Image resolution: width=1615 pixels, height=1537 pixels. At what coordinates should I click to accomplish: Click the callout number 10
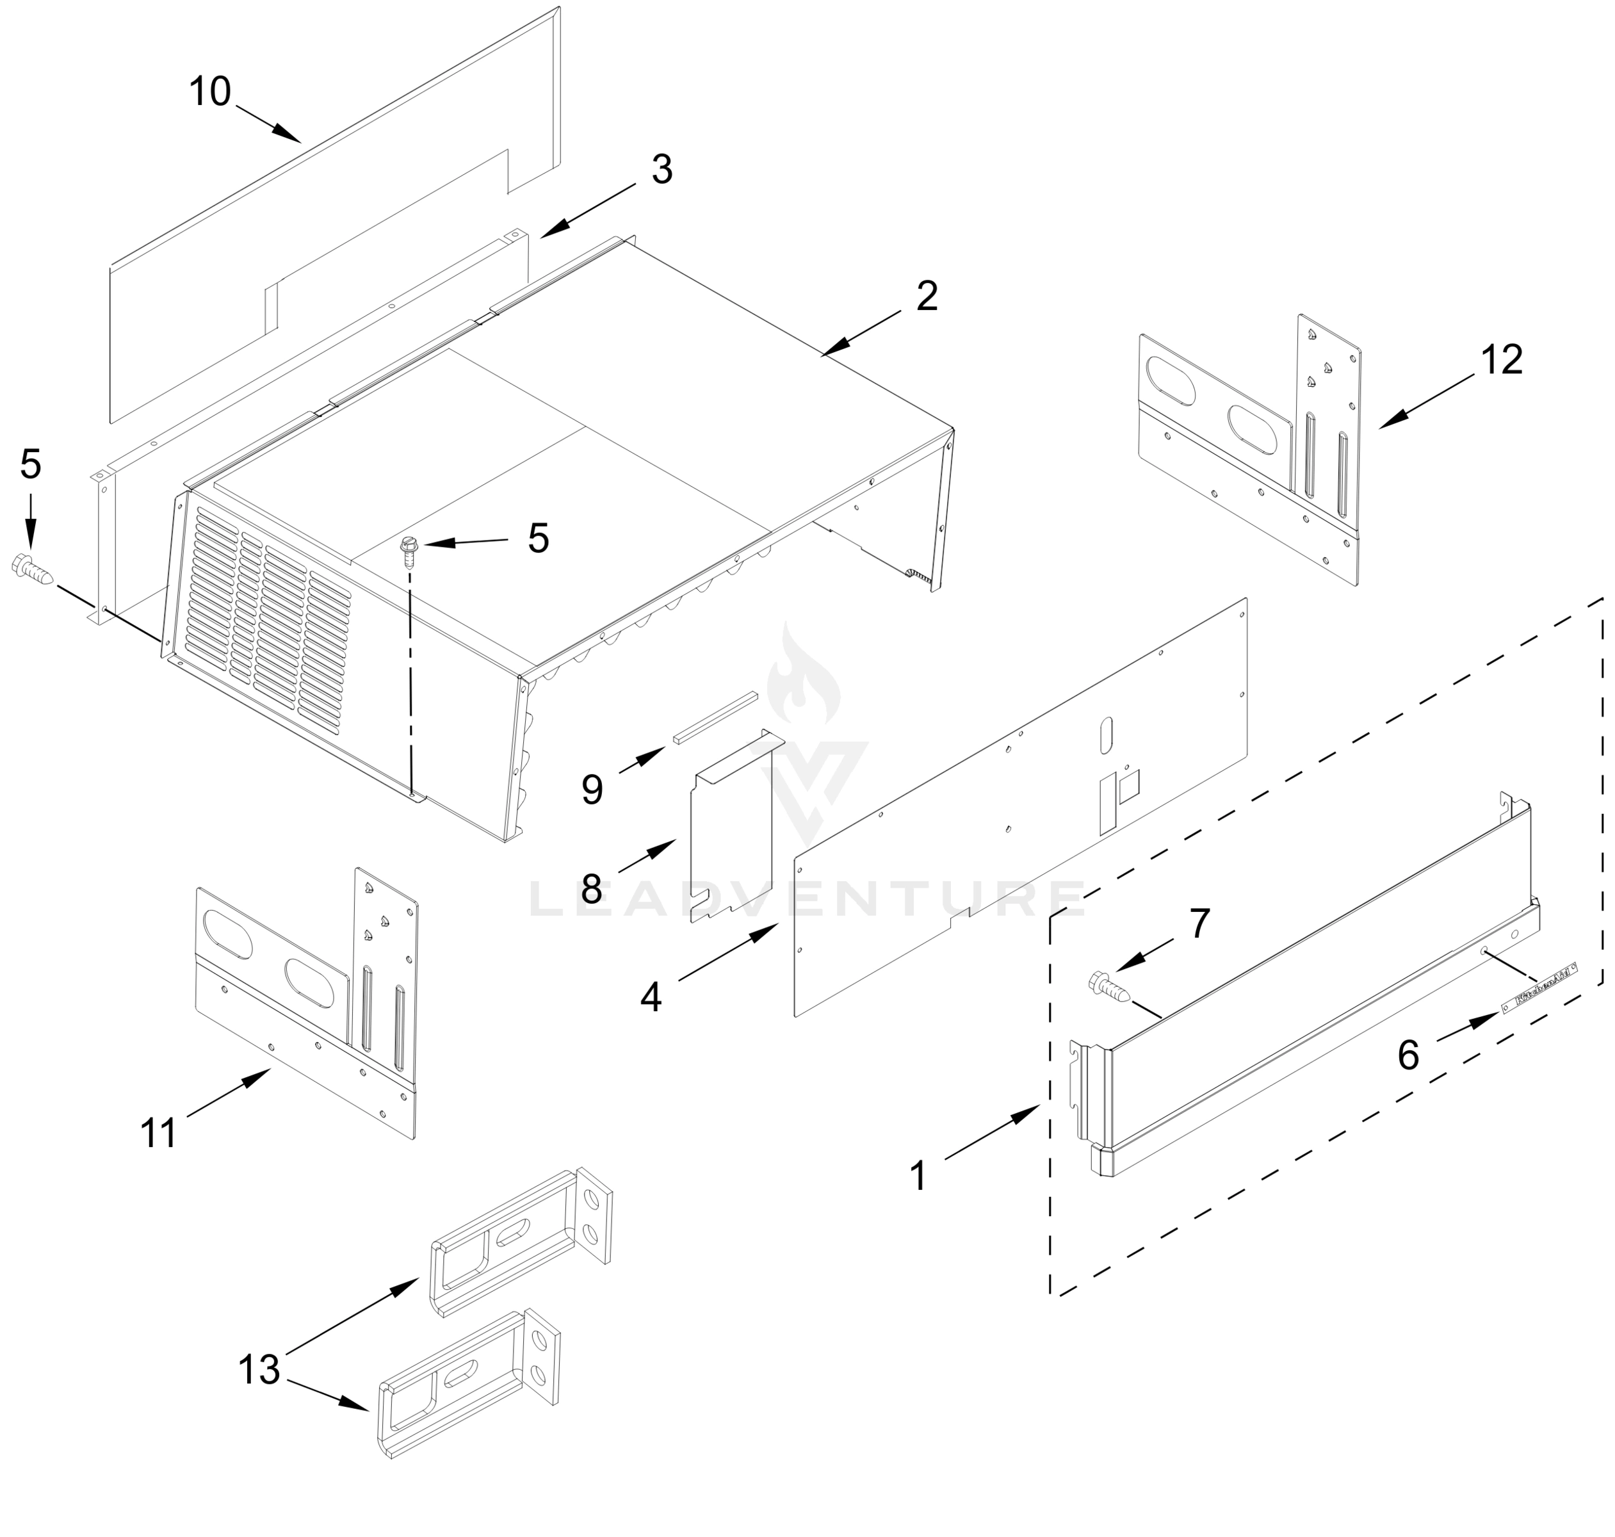[x=210, y=91]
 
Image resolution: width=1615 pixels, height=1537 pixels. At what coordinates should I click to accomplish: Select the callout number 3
[x=661, y=170]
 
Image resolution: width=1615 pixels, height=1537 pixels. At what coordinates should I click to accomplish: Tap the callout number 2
[x=927, y=296]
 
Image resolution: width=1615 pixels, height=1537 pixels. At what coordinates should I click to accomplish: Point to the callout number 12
[x=1501, y=360]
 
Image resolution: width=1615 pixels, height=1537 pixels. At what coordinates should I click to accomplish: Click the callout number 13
[x=259, y=1369]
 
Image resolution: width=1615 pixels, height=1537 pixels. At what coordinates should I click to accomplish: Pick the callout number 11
[x=158, y=1134]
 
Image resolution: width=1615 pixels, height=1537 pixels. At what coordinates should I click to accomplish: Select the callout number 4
[x=651, y=997]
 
